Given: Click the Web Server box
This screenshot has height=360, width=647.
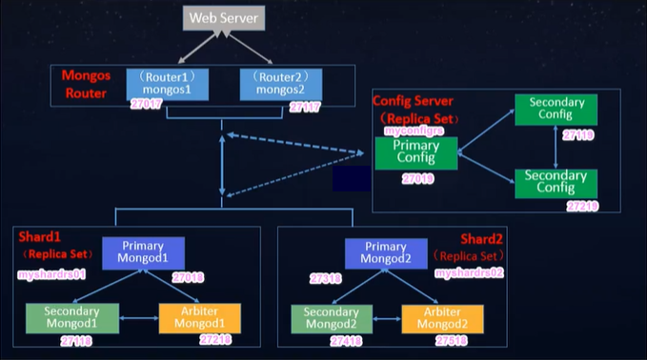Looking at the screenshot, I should point(222,17).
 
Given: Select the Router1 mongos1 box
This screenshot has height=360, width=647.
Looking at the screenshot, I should point(168,82).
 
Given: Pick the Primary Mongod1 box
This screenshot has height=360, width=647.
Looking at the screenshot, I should point(144,252).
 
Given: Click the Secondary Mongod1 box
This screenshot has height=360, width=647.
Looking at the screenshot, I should point(72,318).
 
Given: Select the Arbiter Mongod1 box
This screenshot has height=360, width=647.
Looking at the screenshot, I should point(200,318).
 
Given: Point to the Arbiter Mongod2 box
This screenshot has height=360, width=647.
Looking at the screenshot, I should point(442,318).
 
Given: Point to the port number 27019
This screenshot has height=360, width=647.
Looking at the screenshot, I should point(418,178).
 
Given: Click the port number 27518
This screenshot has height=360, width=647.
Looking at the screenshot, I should point(452,340).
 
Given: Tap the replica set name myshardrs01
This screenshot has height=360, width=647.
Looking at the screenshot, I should point(52,274).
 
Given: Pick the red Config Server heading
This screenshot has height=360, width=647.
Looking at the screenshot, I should point(413,101).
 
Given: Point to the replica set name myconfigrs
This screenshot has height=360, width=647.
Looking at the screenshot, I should point(415,130).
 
